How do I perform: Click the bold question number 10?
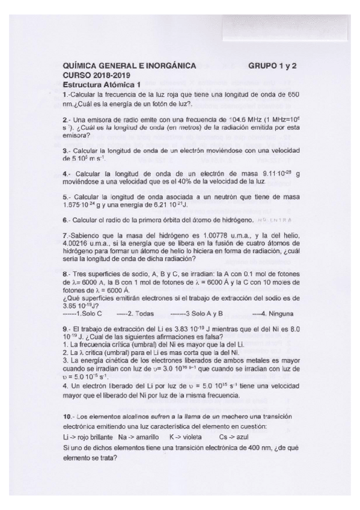pyautogui.click(x=67, y=417)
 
